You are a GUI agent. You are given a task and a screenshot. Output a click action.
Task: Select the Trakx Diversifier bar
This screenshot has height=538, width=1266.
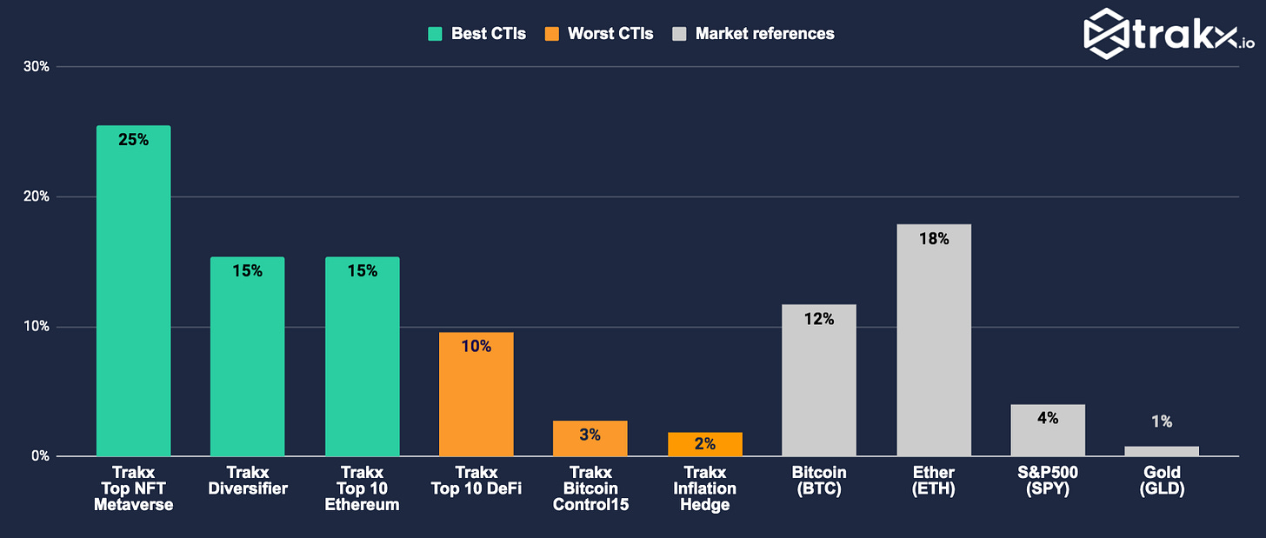pyautogui.click(x=247, y=356)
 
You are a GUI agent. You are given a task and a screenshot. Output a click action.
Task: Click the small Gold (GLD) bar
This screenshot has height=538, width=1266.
pyautogui.click(x=1161, y=451)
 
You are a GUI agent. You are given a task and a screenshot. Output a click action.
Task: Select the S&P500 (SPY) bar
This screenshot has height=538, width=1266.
pyautogui.click(x=1047, y=430)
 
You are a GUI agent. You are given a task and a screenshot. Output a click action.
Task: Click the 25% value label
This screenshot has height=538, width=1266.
pyautogui.click(x=133, y=139)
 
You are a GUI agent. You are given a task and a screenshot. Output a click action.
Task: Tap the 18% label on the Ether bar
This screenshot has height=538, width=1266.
pyautogui.click(x=934, y=238)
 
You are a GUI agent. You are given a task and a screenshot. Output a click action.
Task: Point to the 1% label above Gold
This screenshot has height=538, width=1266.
pyautogui.click(x=1162, y=422)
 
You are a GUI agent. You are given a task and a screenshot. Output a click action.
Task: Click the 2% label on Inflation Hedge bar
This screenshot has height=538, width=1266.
pyautogui.click(x=704, y=444)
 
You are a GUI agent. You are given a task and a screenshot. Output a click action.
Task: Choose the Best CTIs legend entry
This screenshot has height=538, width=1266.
pyautogui.click(x=476, y=34)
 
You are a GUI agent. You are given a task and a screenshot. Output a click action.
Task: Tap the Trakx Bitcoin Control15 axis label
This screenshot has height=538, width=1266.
pyautogui.click(x=590, y=488)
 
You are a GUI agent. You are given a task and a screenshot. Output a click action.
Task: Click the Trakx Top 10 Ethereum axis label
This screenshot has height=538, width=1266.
pyautogui.click(x=362, y=488)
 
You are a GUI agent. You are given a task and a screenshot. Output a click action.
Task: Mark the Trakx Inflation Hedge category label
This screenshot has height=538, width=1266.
pyautogui.click(x=704, y=488)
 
